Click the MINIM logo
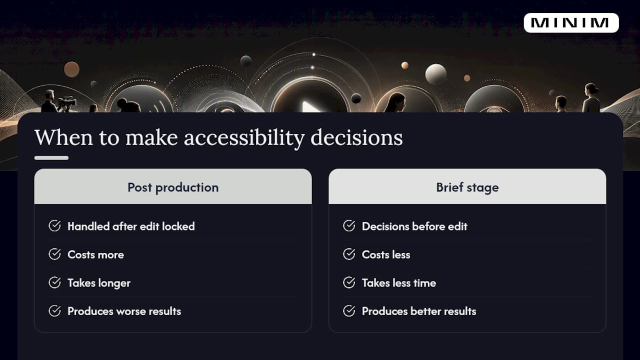(571, 23)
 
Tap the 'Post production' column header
(173, 187)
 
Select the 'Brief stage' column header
(467, 187)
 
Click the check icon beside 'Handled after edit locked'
(54, 225)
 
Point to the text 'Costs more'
(95, 254)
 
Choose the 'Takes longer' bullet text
(99, 283)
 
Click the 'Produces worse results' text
(124, 311)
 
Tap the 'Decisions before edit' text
(414, 226)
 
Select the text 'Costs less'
(386, 254)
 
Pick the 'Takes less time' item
(399, 283)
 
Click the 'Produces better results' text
(419, 311)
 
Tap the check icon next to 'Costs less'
(349, 254)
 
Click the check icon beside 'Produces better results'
(349, 311)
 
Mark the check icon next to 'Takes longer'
(54, 282)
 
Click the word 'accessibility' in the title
(244, 138)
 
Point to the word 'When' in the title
(63, 137)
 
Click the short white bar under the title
(51, 158)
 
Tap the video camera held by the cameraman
(67, 101)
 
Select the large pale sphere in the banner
(435, 74)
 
